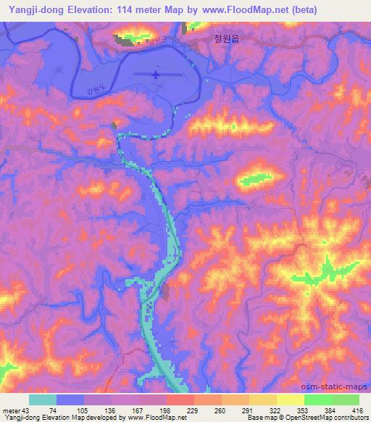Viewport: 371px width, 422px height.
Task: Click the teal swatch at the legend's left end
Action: coord(43,400)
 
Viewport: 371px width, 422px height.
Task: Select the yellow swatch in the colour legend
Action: coord(291,400)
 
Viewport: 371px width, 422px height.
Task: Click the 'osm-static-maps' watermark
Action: coord(341,384)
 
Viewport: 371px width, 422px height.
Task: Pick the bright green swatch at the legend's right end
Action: coord(345,400)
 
